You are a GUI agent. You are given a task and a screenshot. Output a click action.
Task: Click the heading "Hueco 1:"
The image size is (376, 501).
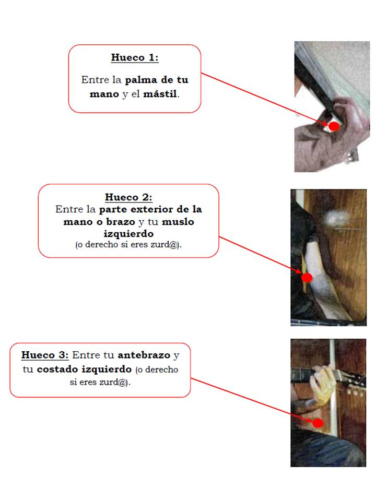tap(135, 57)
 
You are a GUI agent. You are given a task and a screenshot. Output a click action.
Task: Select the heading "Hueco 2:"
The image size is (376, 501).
tap(128, 197)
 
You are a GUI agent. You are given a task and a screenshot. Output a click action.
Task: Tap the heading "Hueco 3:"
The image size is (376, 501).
tap(45, 355)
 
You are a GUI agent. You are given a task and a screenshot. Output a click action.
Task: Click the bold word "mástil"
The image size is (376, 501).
tap(160, 94)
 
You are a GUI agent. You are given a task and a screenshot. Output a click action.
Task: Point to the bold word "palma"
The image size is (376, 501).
tap(141, 80)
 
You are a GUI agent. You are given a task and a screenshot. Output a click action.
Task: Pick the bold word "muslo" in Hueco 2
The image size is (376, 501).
tap(178, 222)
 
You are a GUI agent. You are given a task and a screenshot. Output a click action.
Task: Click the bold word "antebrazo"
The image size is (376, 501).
tap(144, 355)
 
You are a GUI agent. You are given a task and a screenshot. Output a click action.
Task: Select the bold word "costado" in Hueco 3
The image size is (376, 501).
tap(57, 369)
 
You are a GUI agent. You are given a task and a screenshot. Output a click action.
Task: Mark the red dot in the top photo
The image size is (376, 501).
tap(334, 126)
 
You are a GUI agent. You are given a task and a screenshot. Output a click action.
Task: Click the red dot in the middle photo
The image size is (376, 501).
tap(307, 278)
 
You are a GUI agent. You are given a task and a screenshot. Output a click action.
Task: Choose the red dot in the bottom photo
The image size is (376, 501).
tap(318, 423)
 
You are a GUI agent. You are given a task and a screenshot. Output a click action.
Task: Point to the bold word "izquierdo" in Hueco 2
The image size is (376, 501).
tap(128, 234)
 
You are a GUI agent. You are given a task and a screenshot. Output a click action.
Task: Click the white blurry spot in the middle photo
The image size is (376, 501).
tap(337, 219)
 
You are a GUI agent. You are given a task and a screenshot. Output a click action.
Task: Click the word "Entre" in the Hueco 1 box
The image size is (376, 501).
tap(95, 80)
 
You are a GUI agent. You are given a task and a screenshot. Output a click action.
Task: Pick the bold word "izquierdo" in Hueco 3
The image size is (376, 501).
tap(107, 369)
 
